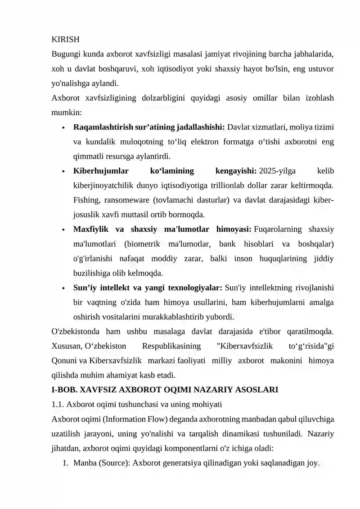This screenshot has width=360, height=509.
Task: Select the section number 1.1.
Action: pyautogui.click(x=58, y=404)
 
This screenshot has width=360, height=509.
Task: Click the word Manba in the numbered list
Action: pyautogui.click(x=83, y=463)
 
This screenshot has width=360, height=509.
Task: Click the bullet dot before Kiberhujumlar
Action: pyautogui.click(x=65, y=171)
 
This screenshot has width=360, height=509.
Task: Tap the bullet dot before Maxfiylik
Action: pyautogui.click(x=65, y=230)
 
